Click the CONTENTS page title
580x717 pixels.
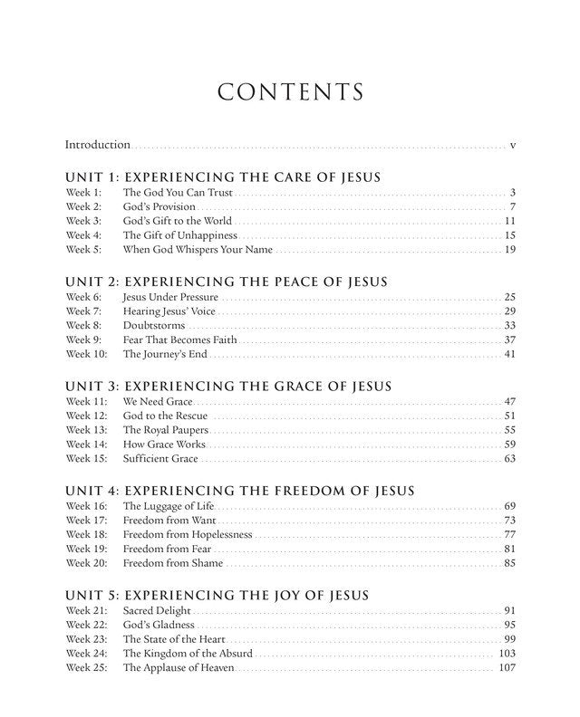(x=290, y=92)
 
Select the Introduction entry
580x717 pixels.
(x=97, y=145)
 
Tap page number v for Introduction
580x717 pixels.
(x=513, y=145)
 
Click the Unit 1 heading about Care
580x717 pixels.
(x=223, y=177)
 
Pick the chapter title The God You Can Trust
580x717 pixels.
(x=178, y=193)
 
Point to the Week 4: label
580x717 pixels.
(x=84, y=235)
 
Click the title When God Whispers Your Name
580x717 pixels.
(x=198, y=250)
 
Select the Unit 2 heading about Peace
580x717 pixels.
(x=227, y=282)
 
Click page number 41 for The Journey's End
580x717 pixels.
(x=509, y=354)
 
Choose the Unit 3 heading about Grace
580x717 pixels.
(x=228, y=387)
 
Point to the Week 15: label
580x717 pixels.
(x=87, y=459)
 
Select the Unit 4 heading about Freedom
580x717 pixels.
(x=240, y=492)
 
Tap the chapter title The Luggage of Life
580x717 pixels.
(x=169, y=505)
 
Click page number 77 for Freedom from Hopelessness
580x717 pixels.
(x=509, y=534)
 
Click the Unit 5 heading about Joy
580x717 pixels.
(x=218, y=596)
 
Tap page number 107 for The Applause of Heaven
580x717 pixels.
(x=507, y=668)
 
